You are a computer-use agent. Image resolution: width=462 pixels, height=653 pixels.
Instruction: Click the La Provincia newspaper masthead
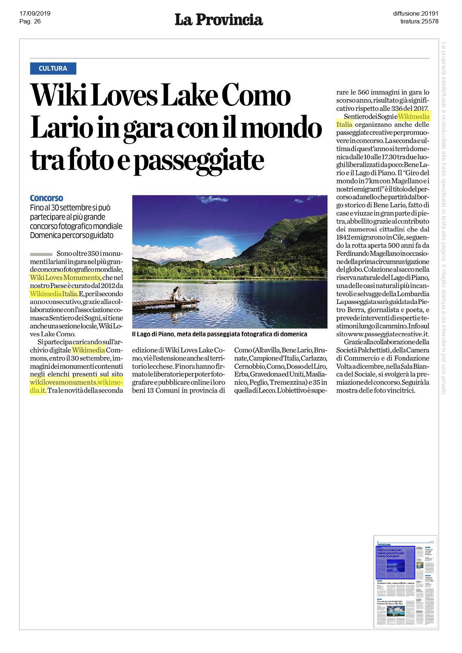[219, 19]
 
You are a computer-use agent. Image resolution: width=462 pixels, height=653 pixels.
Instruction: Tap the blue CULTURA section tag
[53, 68]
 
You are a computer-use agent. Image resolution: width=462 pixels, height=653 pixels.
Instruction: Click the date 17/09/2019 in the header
[35, 14]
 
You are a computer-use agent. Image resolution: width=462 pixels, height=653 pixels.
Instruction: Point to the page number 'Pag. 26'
[30, 22]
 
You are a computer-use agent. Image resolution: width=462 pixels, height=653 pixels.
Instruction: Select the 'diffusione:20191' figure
[415, 14]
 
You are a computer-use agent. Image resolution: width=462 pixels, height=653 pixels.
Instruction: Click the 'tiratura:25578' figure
[419, 22]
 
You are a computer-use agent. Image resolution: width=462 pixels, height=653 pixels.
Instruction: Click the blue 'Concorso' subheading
[47, 198]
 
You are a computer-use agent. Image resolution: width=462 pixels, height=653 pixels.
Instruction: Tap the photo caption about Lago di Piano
[219, 334]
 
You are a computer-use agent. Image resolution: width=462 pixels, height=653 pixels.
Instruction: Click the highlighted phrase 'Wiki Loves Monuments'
[65, 278]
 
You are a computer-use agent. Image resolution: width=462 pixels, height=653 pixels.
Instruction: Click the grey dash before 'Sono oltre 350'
[41, 254]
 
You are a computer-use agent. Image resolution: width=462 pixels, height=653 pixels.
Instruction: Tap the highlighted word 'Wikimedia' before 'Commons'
[89, 350]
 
